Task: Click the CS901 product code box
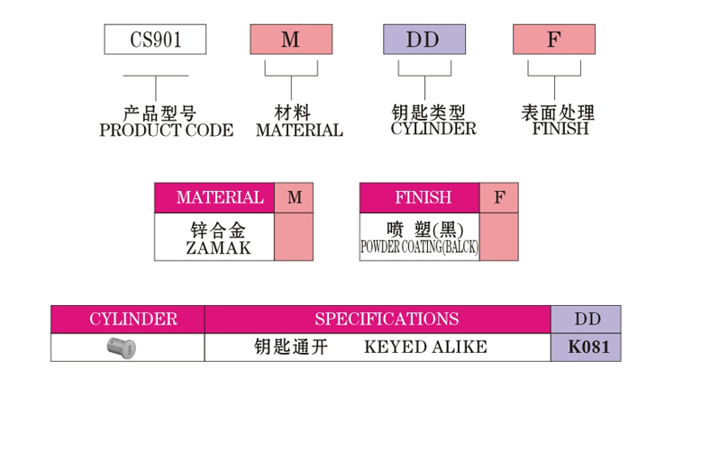point(155,40)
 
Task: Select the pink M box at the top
point(291,40)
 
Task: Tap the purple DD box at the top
point(424,40)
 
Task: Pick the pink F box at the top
point(554,40)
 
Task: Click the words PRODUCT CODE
point(166,130)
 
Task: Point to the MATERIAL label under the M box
point(299,130)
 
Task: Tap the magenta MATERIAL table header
point(214,198)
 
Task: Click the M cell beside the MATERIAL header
point(295,198)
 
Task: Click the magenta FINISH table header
point(419,198)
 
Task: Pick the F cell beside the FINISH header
point(499,198)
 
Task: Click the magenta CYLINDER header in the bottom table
point(127,319)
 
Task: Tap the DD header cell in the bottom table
point(587,319)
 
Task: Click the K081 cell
point(587,346)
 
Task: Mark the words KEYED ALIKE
point(425,346)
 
